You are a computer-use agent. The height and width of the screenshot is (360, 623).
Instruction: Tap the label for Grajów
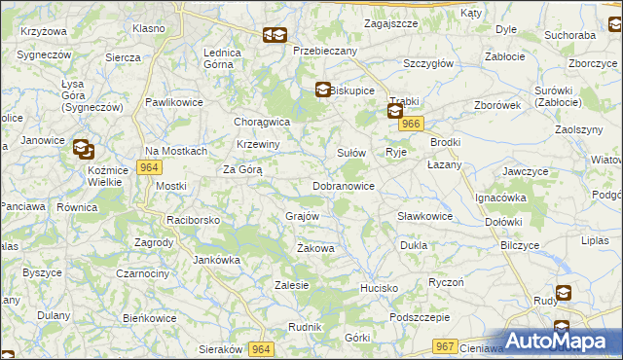pos(303,215)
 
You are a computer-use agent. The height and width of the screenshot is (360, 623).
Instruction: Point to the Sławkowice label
pos(425,216)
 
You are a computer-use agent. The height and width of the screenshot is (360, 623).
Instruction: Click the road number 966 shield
pos(412,124)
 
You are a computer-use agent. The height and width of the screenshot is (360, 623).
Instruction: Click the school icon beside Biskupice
pos(322,90)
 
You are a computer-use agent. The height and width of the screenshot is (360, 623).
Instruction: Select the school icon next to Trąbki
pos(394,112)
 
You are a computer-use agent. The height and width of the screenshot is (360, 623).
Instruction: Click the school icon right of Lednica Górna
pos(275,37)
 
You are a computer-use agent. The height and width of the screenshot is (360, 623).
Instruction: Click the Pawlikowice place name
pos(172,101)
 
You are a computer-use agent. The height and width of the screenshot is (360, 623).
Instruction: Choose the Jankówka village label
pos(216,260)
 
